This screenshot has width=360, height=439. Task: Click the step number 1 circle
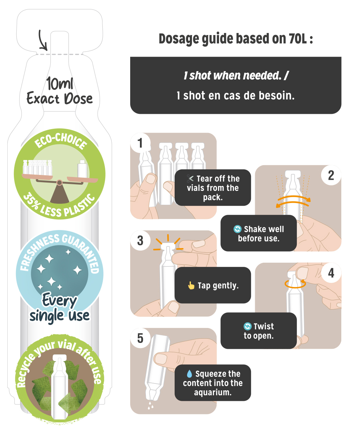click(140, 143)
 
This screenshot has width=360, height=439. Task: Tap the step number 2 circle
click(331, 175)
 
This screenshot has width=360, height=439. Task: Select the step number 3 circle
click(140, 240)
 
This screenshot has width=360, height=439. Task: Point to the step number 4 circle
click(331, 273)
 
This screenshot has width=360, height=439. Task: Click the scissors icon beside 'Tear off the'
click(190, 178)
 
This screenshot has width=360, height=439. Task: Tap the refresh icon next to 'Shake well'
click(237, 229)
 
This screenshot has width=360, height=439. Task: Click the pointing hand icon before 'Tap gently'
click(191, 285)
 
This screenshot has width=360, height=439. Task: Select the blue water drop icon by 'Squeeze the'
click(189, 374)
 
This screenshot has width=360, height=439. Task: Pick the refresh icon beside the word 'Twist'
click(248, 326)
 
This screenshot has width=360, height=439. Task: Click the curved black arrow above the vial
click(42, 40)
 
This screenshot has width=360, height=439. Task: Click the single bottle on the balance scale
click(82, 169)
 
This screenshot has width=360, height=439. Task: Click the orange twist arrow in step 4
click(295, 284)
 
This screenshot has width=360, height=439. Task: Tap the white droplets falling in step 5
click(151, 405)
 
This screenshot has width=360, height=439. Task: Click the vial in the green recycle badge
click(60, 387)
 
